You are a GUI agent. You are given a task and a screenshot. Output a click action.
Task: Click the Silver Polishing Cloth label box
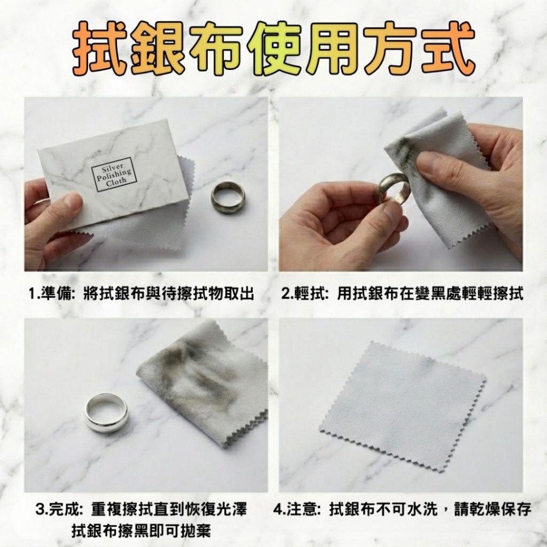[x=113, y=174]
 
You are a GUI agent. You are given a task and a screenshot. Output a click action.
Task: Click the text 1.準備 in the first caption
[x=53, y=294]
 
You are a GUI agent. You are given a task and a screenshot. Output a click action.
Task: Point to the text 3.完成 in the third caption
[x=59, y=510]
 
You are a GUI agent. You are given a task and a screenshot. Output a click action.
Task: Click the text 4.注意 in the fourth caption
[x=295, y=510]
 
